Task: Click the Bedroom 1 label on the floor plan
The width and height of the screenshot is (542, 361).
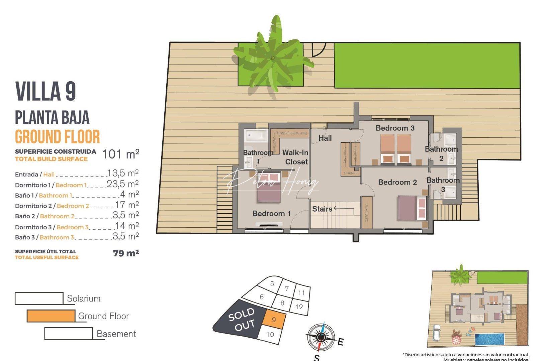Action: click(x=271, y=214)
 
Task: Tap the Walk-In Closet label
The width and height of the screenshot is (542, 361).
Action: click(x=295, y=157)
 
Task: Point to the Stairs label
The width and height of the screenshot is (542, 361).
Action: click(x=322, y=209)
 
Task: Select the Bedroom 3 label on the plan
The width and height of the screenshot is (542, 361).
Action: click(x=395, y=128)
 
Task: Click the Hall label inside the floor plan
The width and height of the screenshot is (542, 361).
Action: click(x=325, y=138)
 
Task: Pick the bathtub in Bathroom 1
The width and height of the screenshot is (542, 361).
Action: click(x=256, y=136)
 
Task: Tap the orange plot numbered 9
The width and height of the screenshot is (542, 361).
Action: click(x=274, y=320)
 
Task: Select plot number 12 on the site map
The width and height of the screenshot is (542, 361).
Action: click(x=299, y=307)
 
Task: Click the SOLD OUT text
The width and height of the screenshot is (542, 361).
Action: click(x=242, y=320)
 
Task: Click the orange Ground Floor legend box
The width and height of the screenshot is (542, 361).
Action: click(x=51, y=316)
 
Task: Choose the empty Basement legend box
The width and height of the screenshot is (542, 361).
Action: click(x=69, y=334)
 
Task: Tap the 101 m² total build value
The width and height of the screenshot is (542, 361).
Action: click(x=120, y=154)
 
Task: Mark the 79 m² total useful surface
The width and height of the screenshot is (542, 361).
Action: click(x=126, y=253)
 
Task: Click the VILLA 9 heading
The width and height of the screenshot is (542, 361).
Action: click(x=46, y=91)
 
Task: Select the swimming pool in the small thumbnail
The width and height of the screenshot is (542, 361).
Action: click(x=489, y=339)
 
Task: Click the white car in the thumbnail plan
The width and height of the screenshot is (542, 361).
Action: click(x=437, y=333)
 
